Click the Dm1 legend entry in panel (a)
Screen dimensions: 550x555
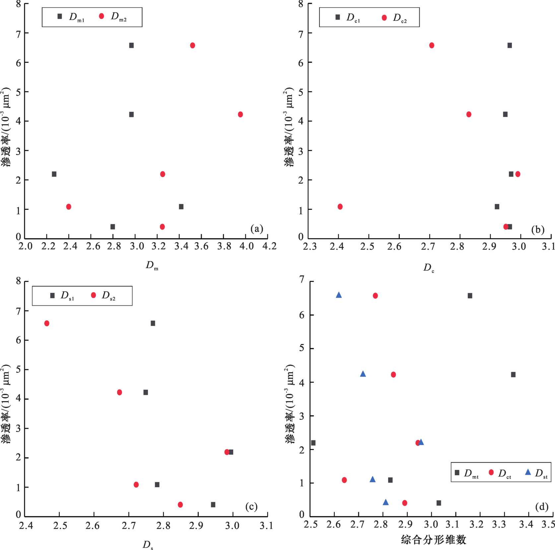71,17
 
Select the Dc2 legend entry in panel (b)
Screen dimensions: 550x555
394,18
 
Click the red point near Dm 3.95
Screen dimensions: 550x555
241,115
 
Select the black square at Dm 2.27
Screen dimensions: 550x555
54,174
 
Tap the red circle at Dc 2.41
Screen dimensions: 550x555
340,207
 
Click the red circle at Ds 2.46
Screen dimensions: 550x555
47,323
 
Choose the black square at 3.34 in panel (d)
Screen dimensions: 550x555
513,375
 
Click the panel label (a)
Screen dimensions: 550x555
257,229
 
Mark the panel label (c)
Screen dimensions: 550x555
251,506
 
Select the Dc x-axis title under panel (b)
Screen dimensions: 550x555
429,267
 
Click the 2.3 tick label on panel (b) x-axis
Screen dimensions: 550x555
310,246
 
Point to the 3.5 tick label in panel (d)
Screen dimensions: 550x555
549,524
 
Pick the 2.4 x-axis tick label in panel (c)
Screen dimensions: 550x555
26,526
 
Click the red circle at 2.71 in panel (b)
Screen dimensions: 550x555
432,46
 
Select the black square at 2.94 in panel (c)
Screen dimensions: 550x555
213,505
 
